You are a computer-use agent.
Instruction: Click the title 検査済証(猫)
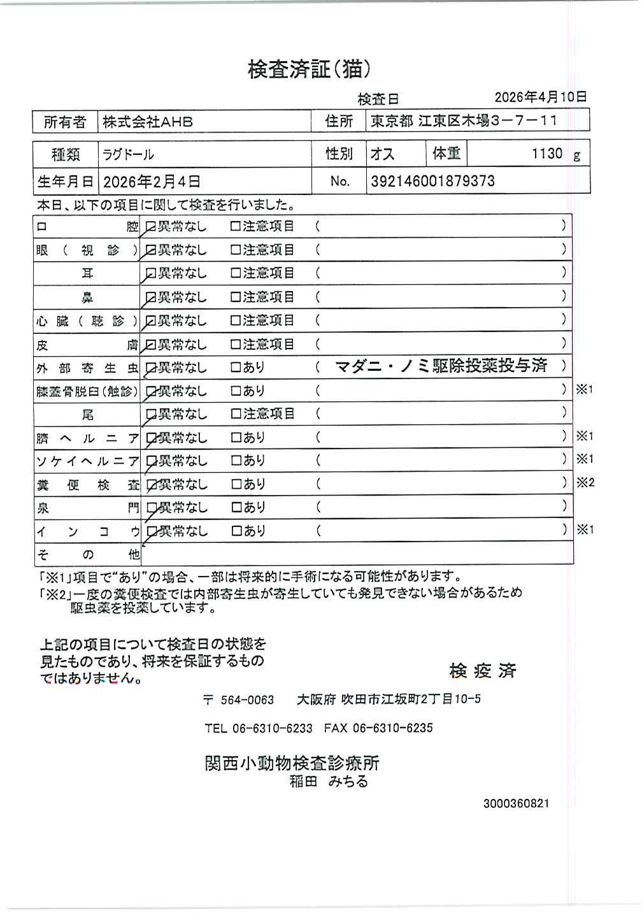coord(309,69)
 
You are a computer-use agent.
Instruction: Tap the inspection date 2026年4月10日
coord(540,97)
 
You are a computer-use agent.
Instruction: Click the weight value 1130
coord(547,154)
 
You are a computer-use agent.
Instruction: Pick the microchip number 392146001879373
coord(432,181)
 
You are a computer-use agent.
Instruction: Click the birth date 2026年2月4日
coord(152,182)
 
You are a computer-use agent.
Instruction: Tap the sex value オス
coord(382,154)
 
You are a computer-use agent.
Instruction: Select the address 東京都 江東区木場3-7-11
coord(464,121)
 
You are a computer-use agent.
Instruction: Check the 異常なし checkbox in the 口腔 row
coord(151,226)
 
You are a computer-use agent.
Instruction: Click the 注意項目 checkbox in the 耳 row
coord(235,273)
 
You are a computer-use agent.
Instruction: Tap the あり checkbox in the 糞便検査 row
coord(235,484)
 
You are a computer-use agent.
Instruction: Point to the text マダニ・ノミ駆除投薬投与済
coord(441,366)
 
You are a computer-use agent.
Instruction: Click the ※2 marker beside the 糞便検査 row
coord(585,482)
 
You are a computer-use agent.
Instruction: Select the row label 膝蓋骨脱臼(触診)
coord(87,391)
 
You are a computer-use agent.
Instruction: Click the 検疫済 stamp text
coord(483,671)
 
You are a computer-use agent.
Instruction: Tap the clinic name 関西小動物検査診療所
coord(292,763)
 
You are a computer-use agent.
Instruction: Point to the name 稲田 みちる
coord(329,782)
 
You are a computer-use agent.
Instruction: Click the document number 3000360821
coord(516,803)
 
